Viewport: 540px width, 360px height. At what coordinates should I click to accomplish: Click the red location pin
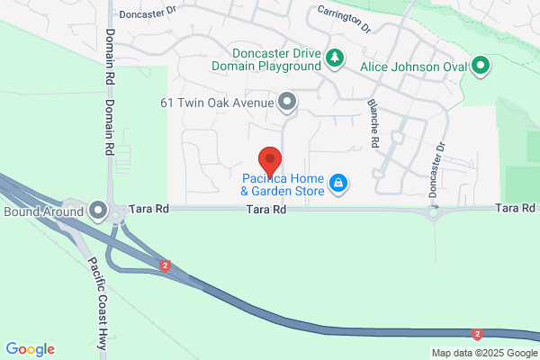click(x=271, y=161)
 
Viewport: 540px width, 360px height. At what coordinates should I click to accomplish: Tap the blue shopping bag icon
click(x=337, y=184)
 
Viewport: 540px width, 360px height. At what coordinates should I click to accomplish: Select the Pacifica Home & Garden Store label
click(x=283, y=184)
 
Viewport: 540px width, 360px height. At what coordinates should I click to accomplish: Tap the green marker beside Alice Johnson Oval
click(x=481, y=65)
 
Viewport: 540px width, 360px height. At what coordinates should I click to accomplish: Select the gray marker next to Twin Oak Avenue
click(x=287, y=102)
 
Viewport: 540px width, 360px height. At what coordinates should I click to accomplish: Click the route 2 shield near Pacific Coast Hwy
click(x=166, y=265)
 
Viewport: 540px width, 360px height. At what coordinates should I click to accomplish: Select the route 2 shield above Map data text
click(x=477, y=334)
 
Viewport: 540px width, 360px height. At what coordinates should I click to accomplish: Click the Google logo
click(x=30, y=349)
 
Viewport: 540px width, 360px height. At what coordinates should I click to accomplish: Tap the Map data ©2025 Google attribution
click(x=482, y=353)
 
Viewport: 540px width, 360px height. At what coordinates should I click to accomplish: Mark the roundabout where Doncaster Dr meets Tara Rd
click(x=436, y=213)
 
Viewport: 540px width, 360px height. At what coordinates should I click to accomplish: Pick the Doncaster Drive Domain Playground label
click(x=267, y=59)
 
